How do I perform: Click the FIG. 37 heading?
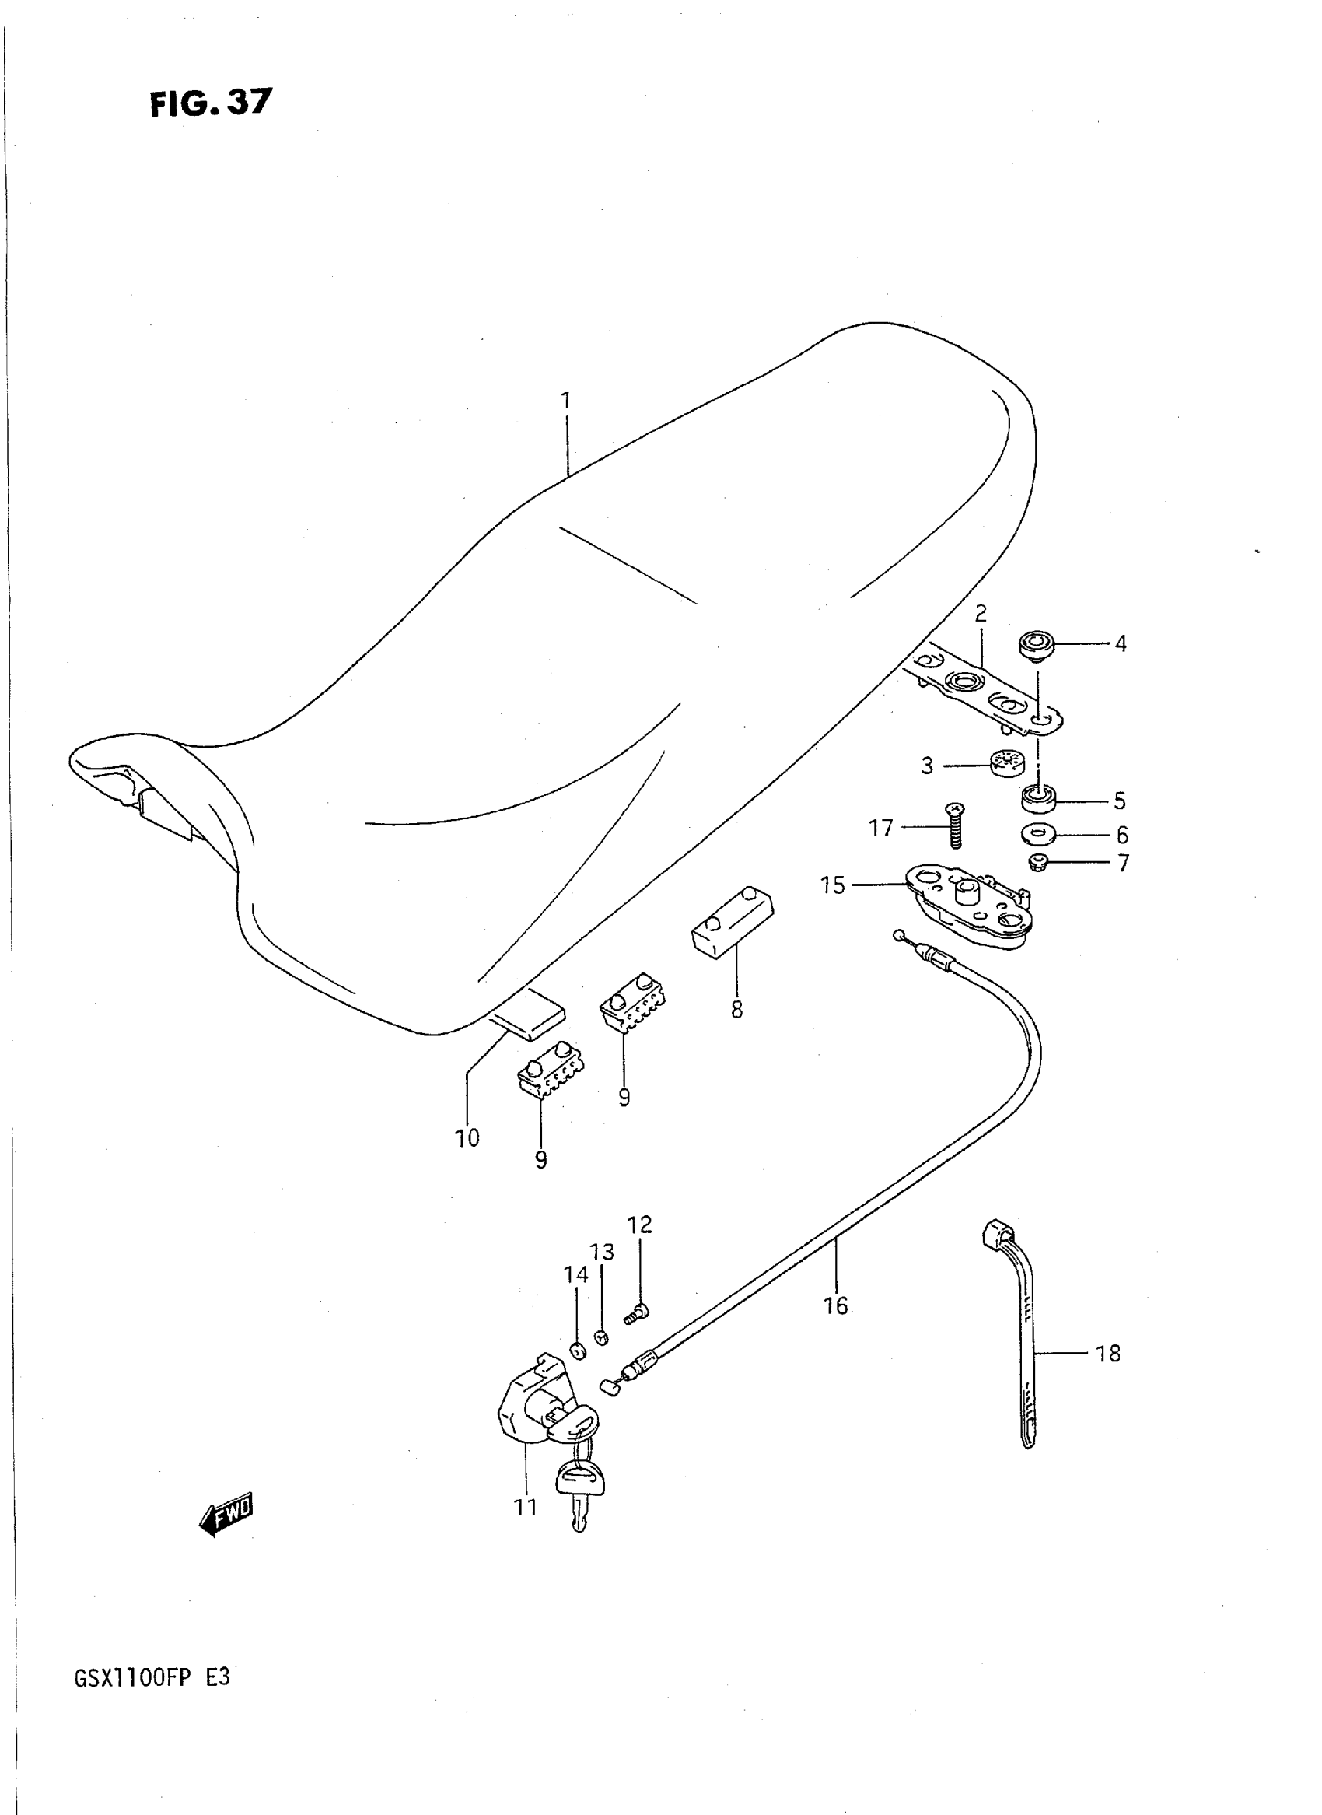[x=211, y=103]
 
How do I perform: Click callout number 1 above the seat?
[x=566, y=401]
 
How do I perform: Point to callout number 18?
[x=1107, y=1354]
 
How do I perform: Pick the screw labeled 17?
[x=956, y=825]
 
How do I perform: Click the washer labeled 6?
[x=1039, y=834]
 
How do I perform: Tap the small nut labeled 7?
[x=1038, y=864]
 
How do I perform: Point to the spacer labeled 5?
[x=1040, y=798]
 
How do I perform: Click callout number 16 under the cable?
[x=834, y=1305]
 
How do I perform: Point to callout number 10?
[x=467, y=1137]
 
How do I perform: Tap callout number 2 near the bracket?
[x=981, y=613]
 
